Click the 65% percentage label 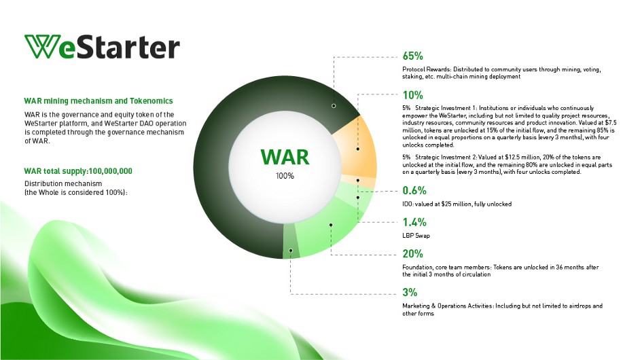pos(413,56)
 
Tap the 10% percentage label pos(413,95)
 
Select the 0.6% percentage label pos(414,190)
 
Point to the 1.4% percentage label pos(414,222)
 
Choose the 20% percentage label pos(413,253)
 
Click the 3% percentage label pos(410,293)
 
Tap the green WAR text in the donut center pos(285,157)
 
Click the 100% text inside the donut pos(285,176)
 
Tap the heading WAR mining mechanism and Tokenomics pos(99,101)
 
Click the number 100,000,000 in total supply pos(110,170)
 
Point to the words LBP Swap pos(416,236)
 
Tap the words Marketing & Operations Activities pos(448,306)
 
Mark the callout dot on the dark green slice pos(334,106)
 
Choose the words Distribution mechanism pos(63,183)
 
